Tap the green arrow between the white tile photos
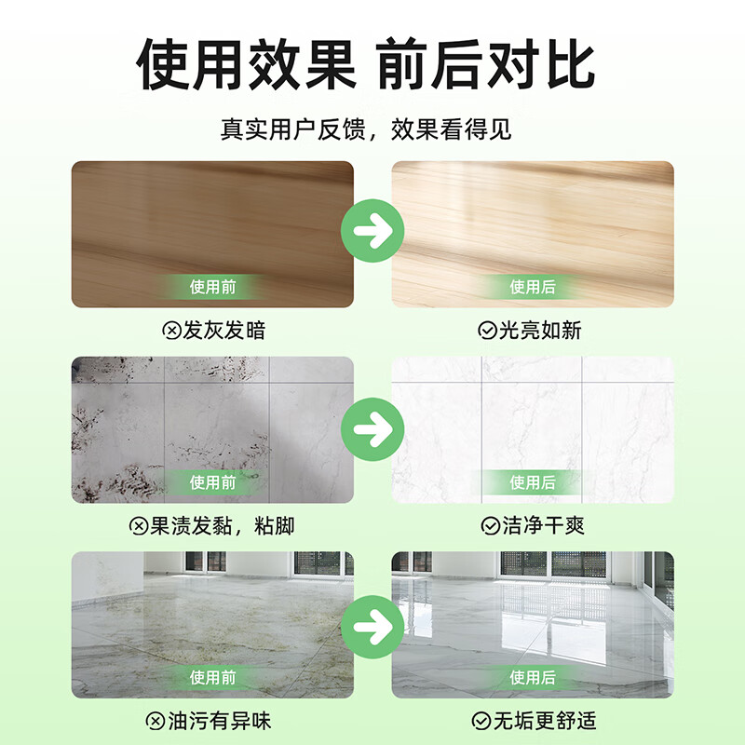pos(372,428)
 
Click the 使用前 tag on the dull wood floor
pos(213,287)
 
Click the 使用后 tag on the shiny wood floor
pos(532,287)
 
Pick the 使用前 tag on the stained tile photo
pos(213,482)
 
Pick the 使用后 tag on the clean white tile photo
pos(532,482)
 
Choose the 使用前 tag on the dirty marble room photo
pos(213,677)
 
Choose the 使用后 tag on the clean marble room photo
pos(532,677)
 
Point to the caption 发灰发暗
pos(224,330)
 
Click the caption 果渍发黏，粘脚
pos(224,526)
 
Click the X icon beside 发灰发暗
pos(170,330)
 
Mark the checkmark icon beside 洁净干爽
pos(489,526)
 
